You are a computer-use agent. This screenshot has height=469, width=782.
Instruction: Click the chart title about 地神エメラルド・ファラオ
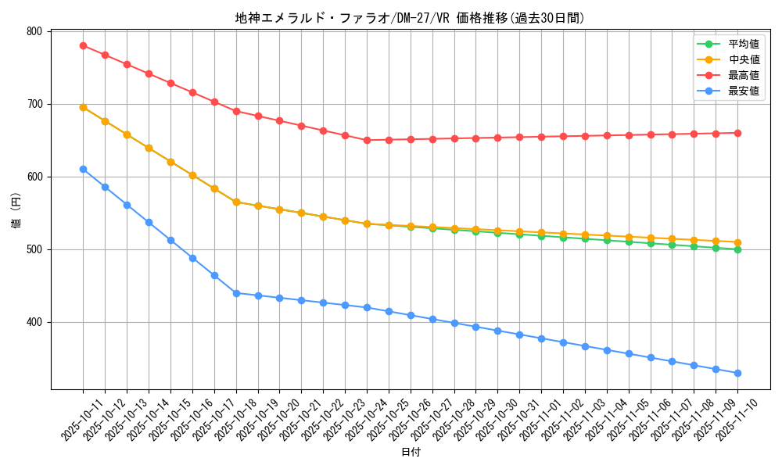click(x=410, y=18)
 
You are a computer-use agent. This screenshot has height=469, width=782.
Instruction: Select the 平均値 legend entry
click(x=743, y=44)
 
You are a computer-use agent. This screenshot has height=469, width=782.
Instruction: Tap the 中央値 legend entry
click(x=743, y=59)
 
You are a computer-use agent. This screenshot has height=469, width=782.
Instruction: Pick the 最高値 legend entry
click(x=743, y=75)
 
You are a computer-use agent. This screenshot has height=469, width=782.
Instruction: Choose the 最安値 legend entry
click(x=743, y=91)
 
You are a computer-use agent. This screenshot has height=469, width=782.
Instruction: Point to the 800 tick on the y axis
click(x=34, y=31)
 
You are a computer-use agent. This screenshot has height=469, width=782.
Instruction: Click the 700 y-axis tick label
click(x=34, y=104)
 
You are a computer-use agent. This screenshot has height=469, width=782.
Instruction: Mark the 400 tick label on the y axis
click(x=34, y=322)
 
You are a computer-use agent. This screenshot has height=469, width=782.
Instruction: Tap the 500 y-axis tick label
click(x=34, y=249)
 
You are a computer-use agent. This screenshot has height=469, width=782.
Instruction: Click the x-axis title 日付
click(x=410, y=453)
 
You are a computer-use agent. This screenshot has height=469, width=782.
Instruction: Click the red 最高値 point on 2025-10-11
click(x=83, y=45)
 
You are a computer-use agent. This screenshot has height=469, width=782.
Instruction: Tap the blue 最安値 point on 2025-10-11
click(x=83, y=169)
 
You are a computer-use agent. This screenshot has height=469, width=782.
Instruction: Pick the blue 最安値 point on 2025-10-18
click(x=236, y=293)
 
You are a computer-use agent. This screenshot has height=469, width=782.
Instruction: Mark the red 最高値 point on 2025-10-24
click(x=367, y=140)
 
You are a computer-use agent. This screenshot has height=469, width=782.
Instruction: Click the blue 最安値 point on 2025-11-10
click(x=737, y=373)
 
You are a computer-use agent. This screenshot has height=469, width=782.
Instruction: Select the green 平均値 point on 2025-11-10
click(x=737, y=249)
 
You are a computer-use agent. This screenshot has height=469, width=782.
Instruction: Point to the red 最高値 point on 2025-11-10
click(x=737, y=133)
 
